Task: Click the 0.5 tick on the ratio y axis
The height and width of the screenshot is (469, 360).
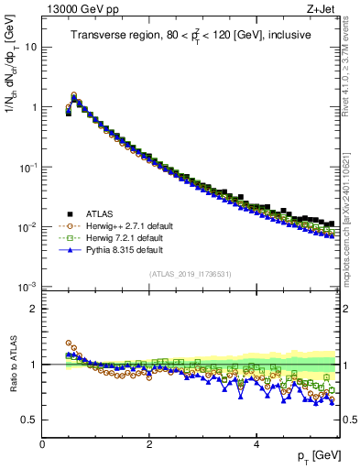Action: [28, 420]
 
